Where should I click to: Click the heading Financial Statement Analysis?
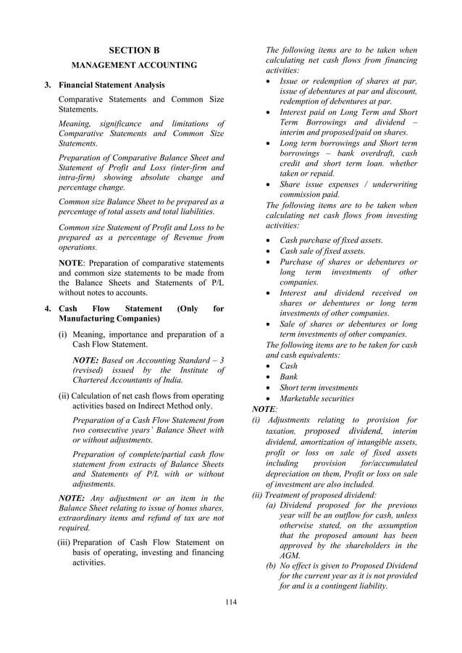point(112,85)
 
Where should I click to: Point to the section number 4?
point(47,308)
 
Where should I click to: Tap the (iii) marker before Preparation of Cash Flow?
point(64,542)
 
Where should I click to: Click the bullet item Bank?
point(288,376)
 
